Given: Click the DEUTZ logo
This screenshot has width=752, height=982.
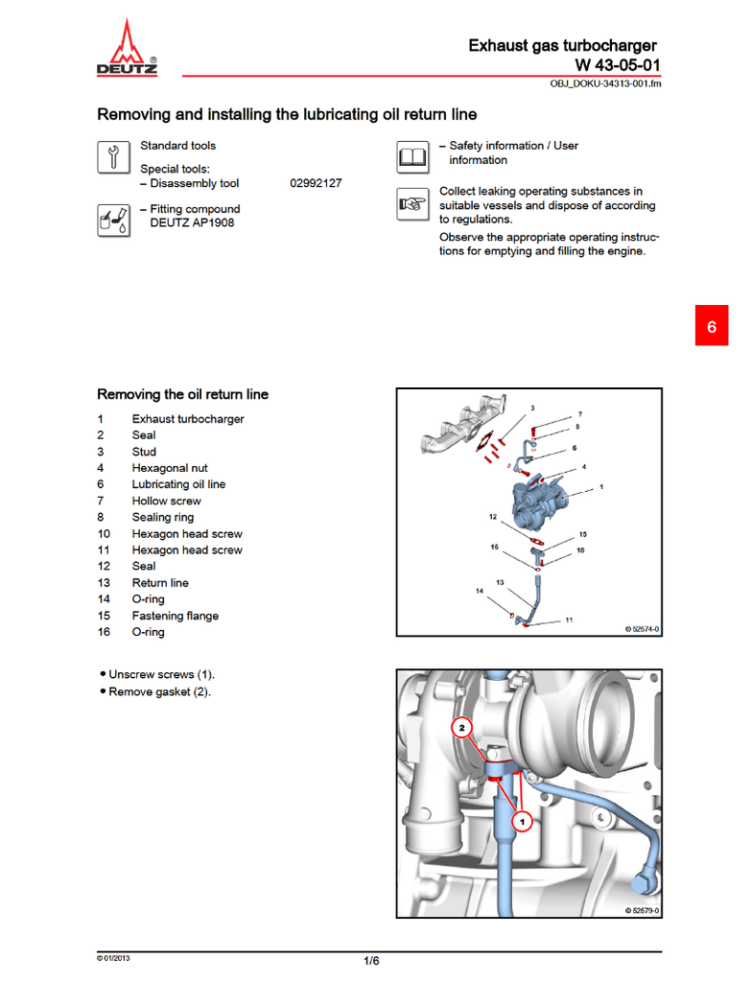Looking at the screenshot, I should point(127,50).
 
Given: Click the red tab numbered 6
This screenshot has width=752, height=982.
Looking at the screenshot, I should point(711,326).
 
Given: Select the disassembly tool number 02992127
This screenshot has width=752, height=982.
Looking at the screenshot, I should point(316,183).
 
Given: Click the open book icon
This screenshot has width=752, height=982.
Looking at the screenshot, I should point(412,156).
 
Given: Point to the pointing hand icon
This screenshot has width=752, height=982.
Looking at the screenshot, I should point(412,203).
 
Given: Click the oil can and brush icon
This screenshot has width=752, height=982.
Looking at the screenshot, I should point(113,220).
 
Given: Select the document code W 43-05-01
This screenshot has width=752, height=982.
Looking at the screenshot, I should point(617,65).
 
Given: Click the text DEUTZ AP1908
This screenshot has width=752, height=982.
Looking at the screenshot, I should point(192,222).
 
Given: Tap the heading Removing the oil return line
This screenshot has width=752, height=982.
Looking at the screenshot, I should point(182,394).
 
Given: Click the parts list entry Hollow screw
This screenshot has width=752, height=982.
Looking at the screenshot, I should point(166,501).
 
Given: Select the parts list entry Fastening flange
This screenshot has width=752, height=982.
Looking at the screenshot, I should point(175,616).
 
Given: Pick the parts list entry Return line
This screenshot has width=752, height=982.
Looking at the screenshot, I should point(160,583).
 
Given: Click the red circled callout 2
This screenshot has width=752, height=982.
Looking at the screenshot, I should point(462,728).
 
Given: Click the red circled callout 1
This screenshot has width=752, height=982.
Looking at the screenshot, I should point(523,821).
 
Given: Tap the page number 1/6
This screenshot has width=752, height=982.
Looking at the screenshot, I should point(371,961).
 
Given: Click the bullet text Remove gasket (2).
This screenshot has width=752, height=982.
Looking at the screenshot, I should point(159,691).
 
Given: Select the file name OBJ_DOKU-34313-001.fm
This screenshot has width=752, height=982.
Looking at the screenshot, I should point(605,83).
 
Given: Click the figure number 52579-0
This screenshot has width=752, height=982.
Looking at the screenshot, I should point(642,911).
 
